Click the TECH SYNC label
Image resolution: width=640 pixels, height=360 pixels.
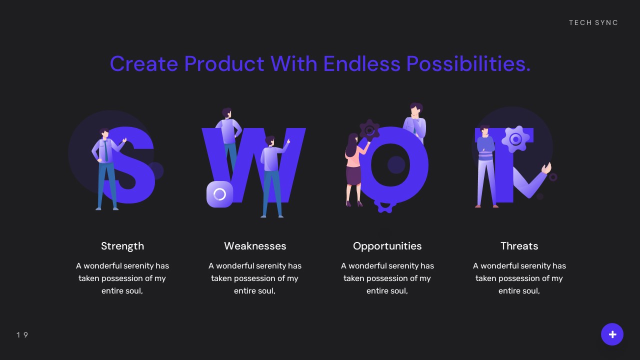pos(593,22)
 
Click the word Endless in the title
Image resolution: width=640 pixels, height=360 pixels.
pos(361,64)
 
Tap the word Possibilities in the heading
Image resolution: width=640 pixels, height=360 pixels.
pos(468,64)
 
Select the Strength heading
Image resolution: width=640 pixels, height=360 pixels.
pos(122,246)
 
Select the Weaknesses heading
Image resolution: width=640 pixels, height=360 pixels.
pos(255,246)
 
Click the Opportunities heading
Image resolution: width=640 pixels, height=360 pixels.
pos(387,246)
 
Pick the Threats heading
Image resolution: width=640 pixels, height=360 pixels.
pos(519,246)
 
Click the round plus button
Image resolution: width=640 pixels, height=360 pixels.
pos(612,334)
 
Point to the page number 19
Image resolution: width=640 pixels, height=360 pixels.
pos(22,335)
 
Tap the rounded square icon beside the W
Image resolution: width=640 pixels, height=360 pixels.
pos(219,194)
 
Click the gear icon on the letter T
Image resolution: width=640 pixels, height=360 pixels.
pos(515,139)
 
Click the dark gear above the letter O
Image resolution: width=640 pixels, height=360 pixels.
pos(369,130)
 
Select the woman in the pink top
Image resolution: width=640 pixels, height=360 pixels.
pos(354,167)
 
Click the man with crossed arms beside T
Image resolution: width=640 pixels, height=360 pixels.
pos(485,165)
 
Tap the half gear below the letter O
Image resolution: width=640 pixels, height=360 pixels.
pos(385,205)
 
